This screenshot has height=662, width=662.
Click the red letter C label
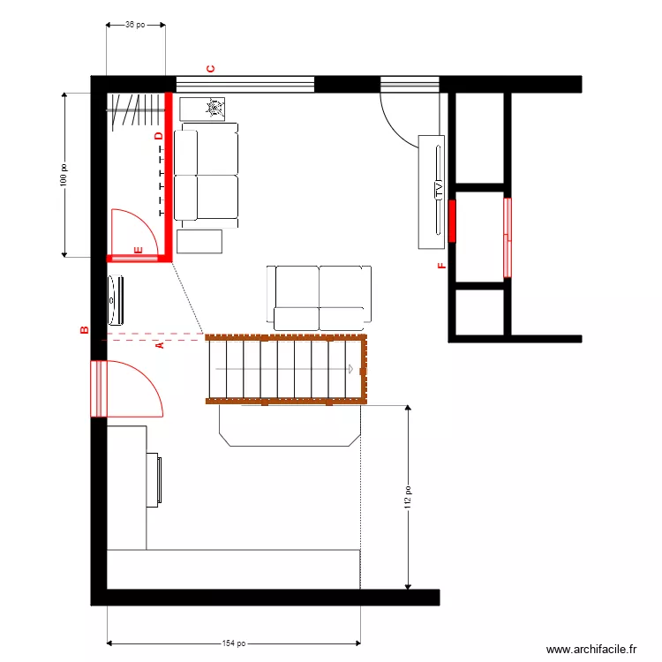point(210,69)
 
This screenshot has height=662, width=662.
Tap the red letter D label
point(158,136)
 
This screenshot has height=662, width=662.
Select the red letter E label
point(138,251)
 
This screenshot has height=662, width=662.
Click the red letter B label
point(85,330)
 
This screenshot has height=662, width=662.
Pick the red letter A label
point(160,346)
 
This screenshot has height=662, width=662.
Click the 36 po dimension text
point(136,25)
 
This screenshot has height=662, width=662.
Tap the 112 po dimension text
point(408,499)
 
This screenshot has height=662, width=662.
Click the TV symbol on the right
point(436,189)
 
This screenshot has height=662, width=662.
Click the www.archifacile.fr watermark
point(591,649)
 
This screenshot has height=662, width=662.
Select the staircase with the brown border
point(285,369)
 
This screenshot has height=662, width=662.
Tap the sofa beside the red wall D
point(207,172)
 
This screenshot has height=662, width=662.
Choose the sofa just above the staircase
point(320,296)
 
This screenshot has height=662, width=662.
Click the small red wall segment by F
point(452,221)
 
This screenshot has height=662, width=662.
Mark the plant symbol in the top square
point(213,109)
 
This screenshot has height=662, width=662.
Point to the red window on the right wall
point(508,237)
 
